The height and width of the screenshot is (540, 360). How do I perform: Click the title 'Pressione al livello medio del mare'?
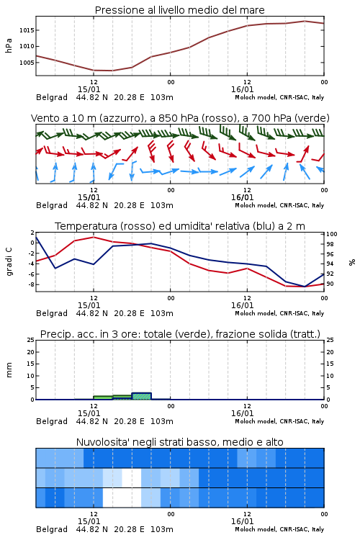(x=179, y=10)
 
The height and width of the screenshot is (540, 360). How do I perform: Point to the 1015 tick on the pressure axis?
(x=27, y=30)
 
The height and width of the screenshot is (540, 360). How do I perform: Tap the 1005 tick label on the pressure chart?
(x=27, y=63)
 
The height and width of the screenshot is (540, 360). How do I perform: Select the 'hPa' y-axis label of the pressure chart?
(x=9, y=45)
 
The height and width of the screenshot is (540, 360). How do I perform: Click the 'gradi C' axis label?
(x=9, y=262)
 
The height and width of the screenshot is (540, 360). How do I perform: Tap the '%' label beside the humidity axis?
(x=352, y=262)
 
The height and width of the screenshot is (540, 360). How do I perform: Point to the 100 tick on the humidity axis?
(x=332, y=234)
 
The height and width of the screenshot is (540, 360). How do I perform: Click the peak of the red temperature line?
(x=94, y=237)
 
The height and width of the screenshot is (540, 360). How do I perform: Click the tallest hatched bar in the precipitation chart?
(x=142, y=396)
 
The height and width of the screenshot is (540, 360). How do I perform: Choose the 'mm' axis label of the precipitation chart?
(x=9, y=370)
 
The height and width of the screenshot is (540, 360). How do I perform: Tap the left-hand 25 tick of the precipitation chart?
(x=30, y=341)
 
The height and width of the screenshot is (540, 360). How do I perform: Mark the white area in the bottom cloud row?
(x=122, y=498)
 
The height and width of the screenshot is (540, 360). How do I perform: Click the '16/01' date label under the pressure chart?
(x=242, y=89)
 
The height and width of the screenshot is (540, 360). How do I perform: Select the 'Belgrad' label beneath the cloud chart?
(x=52, y=529)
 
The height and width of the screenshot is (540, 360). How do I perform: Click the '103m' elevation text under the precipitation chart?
(x=162, y=421)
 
